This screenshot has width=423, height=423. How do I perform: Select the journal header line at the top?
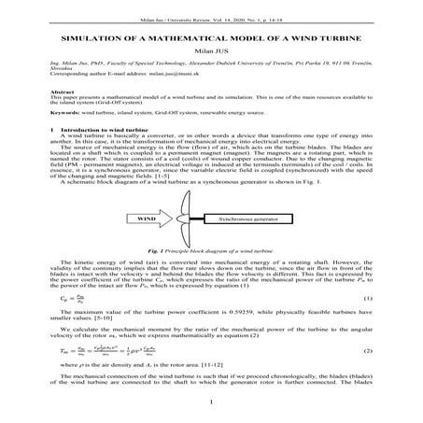pos(211,7)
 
